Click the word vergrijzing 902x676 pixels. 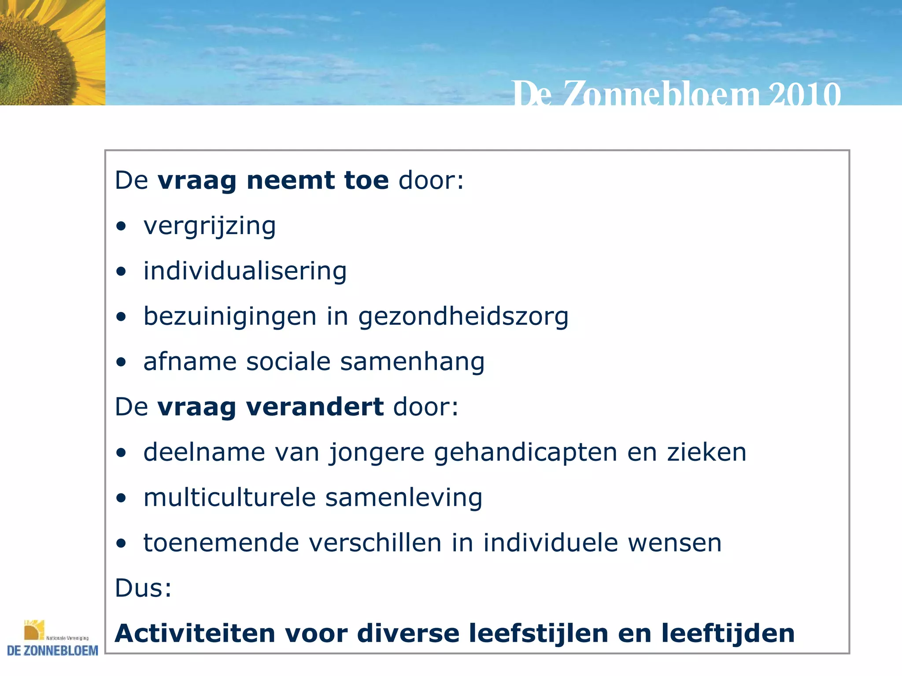pos(210,226)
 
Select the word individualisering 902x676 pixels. pos(245,271)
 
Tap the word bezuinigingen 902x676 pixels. pos(230,317)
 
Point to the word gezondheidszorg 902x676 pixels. pos(463,317)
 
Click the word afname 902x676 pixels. pos(189,362)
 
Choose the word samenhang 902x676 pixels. pos(412,362)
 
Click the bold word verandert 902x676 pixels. pos(314,407)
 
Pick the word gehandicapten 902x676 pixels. pos(525,452)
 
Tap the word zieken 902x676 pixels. pos(706,452)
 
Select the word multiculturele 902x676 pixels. pos(229,498)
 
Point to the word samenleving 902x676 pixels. pos(403,498)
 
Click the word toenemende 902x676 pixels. pos(221,543)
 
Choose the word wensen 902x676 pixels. pos(675,543)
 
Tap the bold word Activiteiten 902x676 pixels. pos(195,634)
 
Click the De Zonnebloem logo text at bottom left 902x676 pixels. pos(53,650)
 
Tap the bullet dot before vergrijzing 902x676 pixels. pos(121,227)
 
